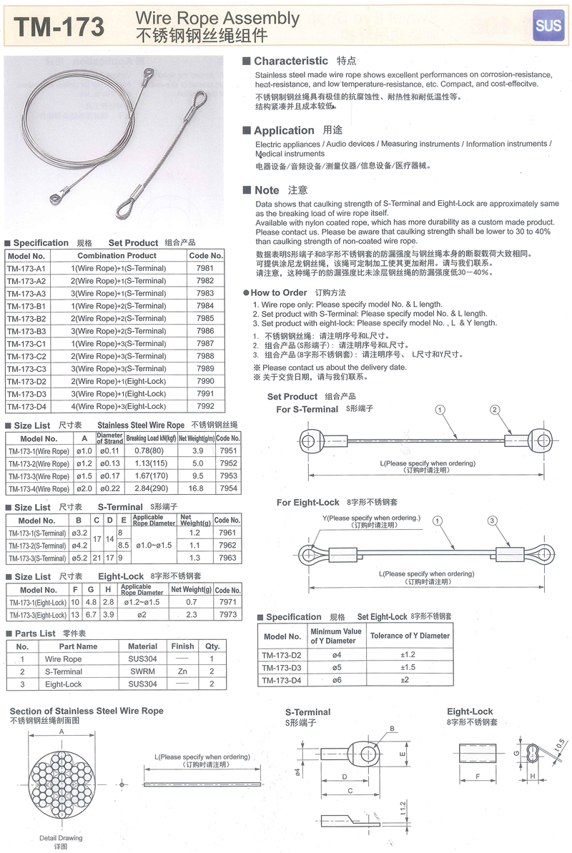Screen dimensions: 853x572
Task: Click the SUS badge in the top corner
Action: (x=548, y=26)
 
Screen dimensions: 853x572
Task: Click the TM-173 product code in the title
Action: (x=59, y=26)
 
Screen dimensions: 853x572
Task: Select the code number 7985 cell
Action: (x=205, y=318)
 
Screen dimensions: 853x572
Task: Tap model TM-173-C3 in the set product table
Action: (x=26, y=368)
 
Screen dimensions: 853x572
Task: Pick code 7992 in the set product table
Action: (x=205, y=406)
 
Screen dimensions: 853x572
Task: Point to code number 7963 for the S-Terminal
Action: (x=227, y=558)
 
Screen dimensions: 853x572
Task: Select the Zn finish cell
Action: (x=182, y=671)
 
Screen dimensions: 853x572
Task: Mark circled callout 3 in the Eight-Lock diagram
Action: (x=492, y=521)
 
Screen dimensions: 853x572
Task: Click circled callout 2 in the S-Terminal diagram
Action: (x=494, y=410)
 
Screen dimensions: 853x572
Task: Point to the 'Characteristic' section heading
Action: (x=290, y=61)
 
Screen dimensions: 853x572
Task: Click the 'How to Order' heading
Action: (x=279, y=292)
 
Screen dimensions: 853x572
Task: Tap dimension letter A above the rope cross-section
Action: (x=62, y=732)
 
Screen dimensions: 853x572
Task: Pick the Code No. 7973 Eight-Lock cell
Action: (x=227, y=615)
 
